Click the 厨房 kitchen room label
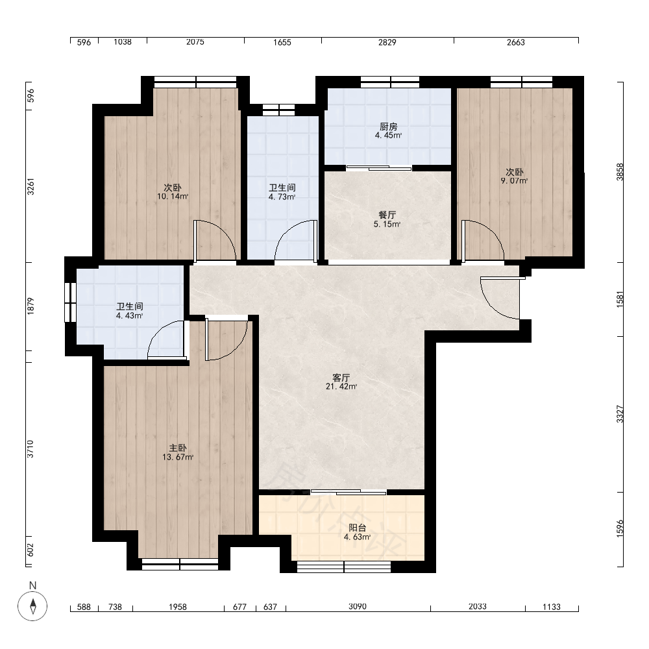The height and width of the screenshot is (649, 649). (388, 127)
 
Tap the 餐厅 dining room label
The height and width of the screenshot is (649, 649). (387, 215)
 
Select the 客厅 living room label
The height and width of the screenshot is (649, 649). (341, 378)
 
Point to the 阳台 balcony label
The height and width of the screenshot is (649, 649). (357, 528)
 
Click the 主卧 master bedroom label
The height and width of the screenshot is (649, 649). (178, 448)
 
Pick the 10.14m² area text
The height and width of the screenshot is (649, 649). (173, 197)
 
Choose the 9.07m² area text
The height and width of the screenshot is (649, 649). (514, 181)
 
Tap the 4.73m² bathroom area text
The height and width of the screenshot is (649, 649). (282, 197)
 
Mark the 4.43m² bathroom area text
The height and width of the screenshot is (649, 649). (130, 316)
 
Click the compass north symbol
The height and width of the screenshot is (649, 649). (32, 606)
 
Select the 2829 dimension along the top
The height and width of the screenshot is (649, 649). (387, 42)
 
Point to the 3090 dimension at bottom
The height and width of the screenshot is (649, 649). (358, 606)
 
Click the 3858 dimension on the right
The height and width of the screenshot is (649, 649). (620, 172)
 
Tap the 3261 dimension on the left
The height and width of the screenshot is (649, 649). (31, 187)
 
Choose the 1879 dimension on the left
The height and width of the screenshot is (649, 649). (31, 306)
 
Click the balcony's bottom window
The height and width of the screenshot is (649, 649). (344, 567)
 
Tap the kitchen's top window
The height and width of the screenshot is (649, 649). (390, 82)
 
